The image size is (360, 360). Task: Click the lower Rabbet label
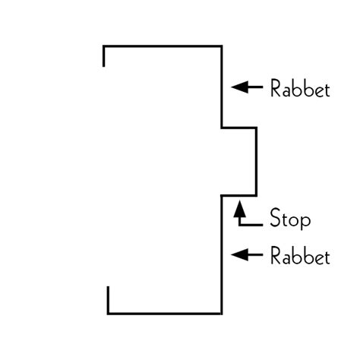click(x=300, y=256)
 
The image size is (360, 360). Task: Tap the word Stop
click(x=290, y=220)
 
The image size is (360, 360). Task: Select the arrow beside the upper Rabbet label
click(x=246, y=87)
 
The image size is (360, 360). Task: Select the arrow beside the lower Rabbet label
click(x=246, y=255)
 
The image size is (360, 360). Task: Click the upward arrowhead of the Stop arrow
click(x=239, y=205)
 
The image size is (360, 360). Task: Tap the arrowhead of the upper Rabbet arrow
click(x=236, y=87)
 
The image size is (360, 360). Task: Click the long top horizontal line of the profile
click(x=163, y=47)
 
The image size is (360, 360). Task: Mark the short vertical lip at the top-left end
click(x=103, y=57)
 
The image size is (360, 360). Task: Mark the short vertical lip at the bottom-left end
click(x=109, y=299)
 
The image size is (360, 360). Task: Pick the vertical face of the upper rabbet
click(x=222, y=87)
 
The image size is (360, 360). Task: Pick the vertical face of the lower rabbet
click(x=222, y=254)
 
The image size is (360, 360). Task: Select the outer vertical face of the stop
click(x=256, y=161)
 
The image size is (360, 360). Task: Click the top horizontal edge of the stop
click(x=238, y=128)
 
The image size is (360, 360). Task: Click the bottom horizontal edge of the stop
click(x=238, y=195)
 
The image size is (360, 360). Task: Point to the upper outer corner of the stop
click(x=256, y=128)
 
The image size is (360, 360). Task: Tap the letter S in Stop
click(x=276, y=219)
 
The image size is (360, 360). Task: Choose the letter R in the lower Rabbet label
click(x=276, y=256)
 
